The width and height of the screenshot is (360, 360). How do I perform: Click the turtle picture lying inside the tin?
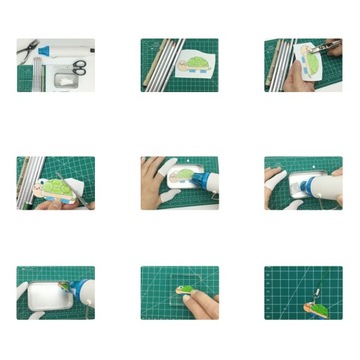tap(181, 176)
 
